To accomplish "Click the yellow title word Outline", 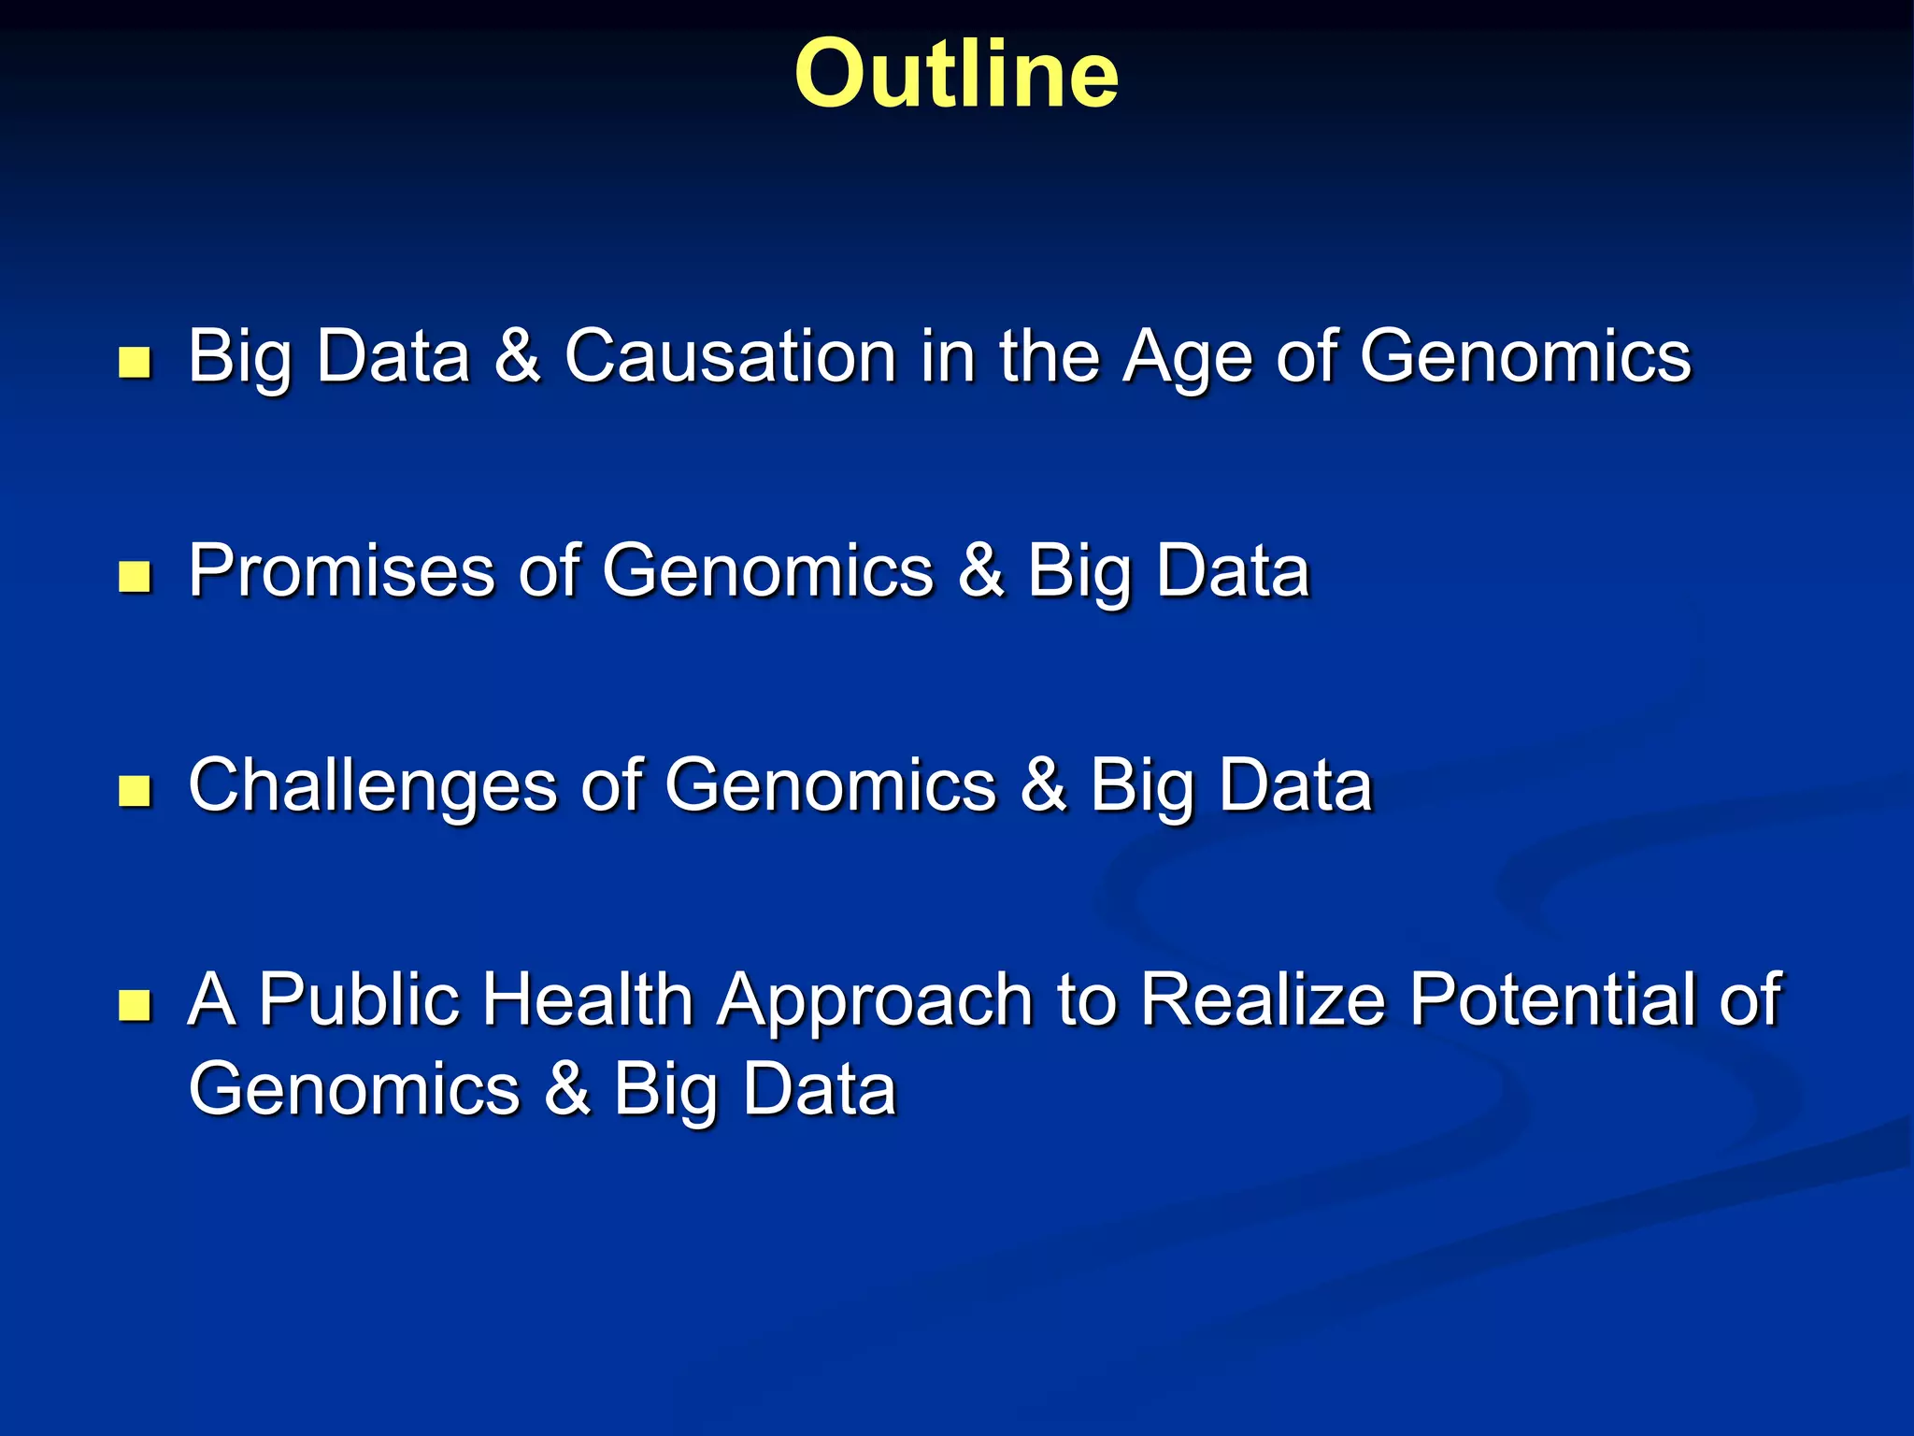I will pyautogui.click(x=956, y=75).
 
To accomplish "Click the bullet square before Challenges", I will pyautogui.click(x=136, y=791).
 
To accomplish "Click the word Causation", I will pyautogui.click(x=730, y=357).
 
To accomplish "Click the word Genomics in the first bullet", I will pyautogui.click(x=1525, y=357).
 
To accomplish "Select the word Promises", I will pyautogui.click(x=341, y=571).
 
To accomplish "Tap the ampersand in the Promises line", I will pyautogui.click(x=980, y=571).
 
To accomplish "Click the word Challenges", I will pyautogui.click(x=372, y=787).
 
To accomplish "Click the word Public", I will pyautogui.click(x=359, y=999).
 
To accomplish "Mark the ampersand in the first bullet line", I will pyautogui.click(x=517, y=357).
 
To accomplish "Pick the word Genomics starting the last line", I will pyautogui.click(x=353, y=1090).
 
